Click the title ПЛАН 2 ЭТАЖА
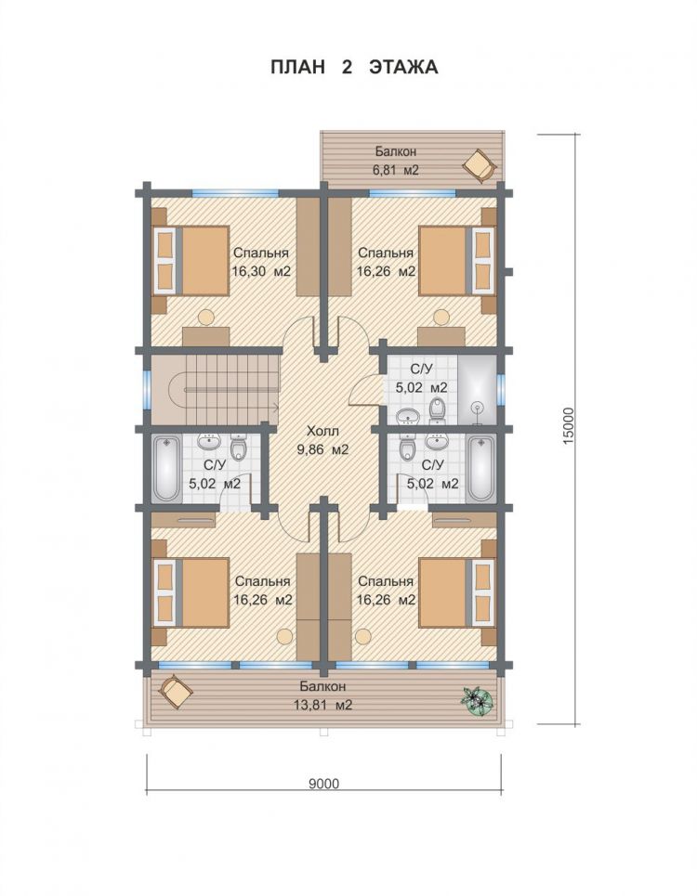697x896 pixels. coord(354,67)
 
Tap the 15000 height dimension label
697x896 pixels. coord(568,427)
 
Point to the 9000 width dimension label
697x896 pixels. coord(323,784)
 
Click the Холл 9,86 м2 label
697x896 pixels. coord(322,440)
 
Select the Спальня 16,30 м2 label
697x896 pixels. coord(261,262)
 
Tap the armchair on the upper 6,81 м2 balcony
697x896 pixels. coord(480,165)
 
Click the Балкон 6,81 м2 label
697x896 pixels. coord(396,161)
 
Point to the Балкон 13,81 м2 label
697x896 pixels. coord(322,695)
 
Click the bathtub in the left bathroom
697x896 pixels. coord(167,469)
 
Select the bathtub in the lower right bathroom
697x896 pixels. coord(480,469)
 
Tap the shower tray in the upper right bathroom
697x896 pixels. coord(477,390)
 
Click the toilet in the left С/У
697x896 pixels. coord(239,447)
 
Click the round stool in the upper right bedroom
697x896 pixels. coord(441,316)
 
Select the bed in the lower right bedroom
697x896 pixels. coord(457,593)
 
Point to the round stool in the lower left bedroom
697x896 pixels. coord(283,636)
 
